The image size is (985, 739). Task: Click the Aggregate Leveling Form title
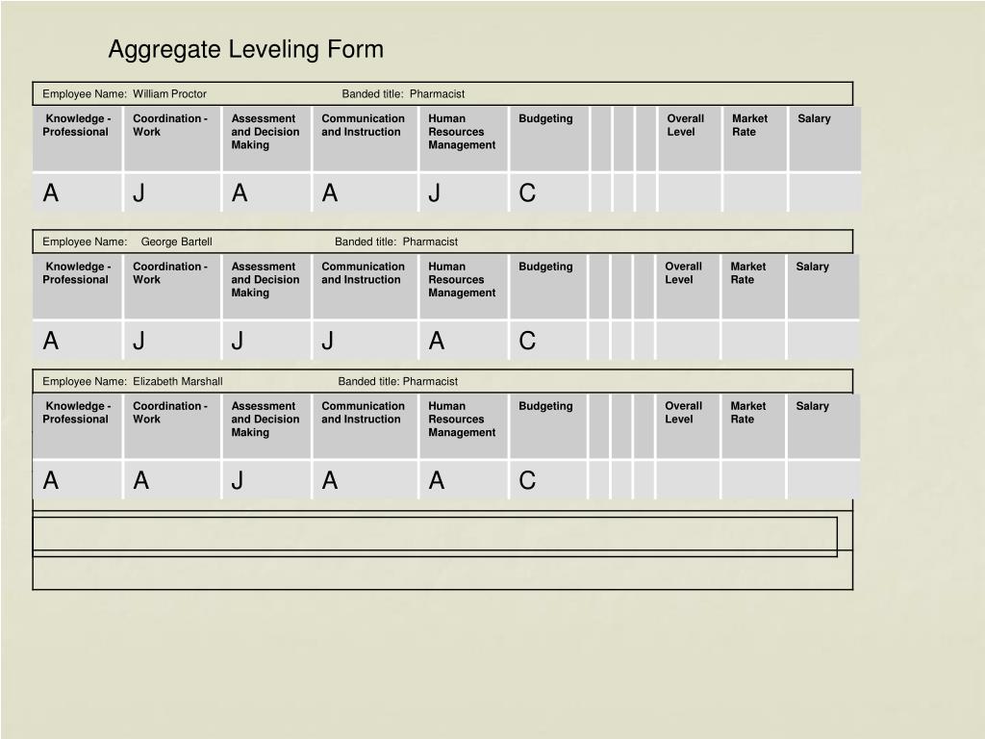point(245,49)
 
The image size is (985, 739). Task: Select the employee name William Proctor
point(169,93)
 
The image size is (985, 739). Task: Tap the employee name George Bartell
point(176,242)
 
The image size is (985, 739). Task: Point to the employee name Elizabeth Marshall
point(177,381)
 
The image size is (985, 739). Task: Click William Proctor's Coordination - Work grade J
point(139,193)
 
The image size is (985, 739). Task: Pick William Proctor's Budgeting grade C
point(527,193)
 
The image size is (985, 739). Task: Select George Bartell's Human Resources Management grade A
point(437,341)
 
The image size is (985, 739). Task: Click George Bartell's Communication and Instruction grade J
point(328,341)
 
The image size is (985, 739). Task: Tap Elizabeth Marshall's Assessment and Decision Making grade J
point(238,480)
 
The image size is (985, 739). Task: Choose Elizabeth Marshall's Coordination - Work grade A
point(140,480)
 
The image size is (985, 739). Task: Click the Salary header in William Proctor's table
point(814,118)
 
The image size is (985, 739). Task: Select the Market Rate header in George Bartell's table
point(747,273)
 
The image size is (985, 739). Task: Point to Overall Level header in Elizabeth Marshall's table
point(683,412)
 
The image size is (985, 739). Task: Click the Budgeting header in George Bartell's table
point(545,267)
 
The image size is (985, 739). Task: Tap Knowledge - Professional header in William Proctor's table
point(76,125)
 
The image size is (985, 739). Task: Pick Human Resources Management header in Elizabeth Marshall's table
point(462,419)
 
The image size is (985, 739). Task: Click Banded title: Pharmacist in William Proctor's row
point(403,93)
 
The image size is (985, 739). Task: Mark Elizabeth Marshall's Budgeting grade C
point(527,480)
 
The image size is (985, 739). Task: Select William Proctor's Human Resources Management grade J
point(435,193)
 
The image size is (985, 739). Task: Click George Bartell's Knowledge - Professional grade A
point(51,341)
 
